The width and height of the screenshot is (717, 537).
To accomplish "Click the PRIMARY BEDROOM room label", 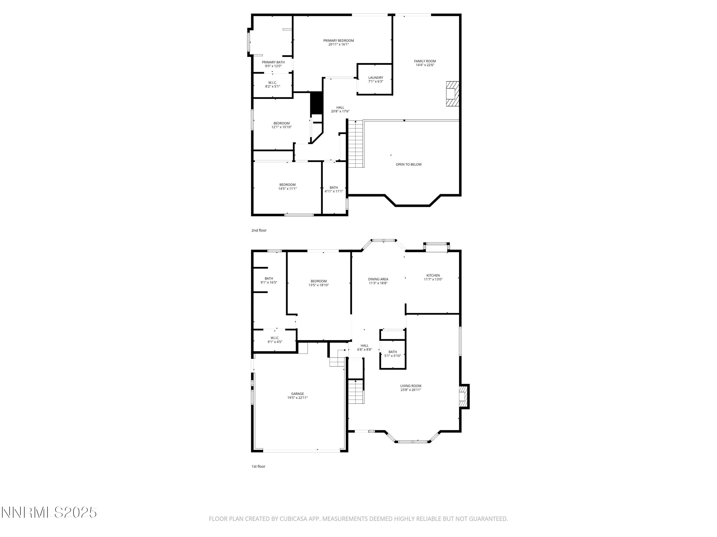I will tap(338, 41).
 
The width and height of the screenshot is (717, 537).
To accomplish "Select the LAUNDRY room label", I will tap(375, 78).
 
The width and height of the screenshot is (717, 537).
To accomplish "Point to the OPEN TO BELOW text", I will tap(408, 164).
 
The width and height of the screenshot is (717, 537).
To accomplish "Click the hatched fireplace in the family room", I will tap(452, 94).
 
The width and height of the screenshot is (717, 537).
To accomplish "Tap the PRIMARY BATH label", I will tap(273, 62).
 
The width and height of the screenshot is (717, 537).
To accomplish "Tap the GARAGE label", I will tap(297, 394).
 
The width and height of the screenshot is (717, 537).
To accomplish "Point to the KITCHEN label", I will tap(433, 275).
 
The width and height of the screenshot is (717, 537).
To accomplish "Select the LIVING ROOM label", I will tap(410, 386).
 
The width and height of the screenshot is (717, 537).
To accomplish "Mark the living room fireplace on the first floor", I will tap(463, 396).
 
